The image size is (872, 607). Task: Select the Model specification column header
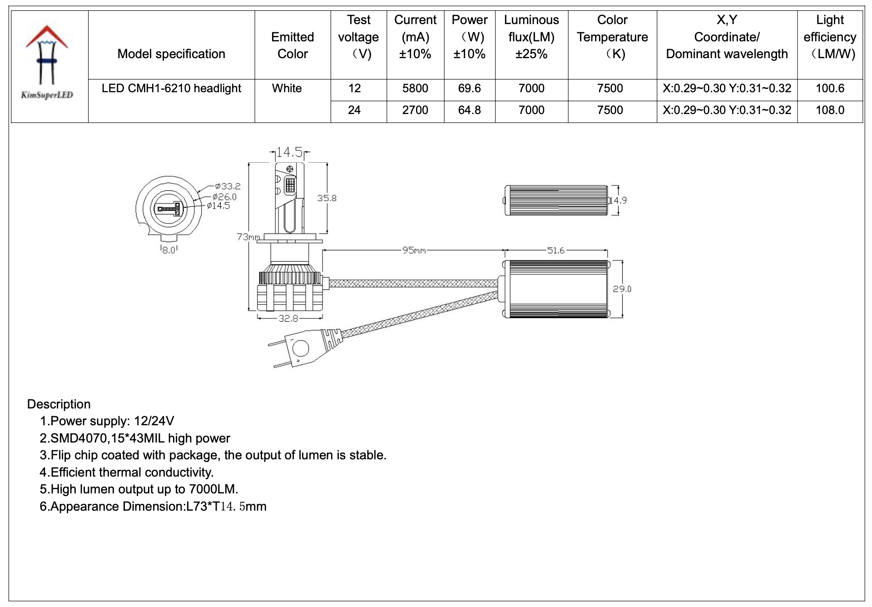(x=171, y=54)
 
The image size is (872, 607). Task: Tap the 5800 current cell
(x=415, y=89)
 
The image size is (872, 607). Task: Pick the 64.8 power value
(x=469, y=110)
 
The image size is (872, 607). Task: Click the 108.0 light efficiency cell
(x=830, y=110)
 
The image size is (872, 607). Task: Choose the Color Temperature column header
(x=612, y=37)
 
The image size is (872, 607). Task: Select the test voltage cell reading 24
(x=354, y=110)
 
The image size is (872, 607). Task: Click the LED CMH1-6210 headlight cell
(x=171, y=89)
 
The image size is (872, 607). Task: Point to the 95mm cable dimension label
(x=414, y=250)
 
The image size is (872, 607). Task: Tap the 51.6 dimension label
(x=555, y=250)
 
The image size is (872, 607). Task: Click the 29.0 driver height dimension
(x=622, y=289)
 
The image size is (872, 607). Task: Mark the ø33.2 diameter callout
(x=228, y=186)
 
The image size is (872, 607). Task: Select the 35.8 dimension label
(x=327, y=198)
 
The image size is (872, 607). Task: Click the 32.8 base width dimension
(x=288, y=318)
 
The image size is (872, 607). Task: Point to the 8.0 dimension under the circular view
(x=169, y=250)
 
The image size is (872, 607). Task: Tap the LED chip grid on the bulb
(x=290, y=185)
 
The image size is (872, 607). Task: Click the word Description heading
(x=59, y=404)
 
